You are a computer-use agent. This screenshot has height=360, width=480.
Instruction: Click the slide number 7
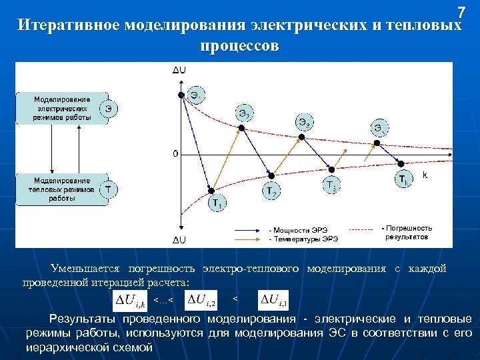point(461,12)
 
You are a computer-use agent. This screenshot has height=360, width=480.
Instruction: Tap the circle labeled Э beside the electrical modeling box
point(109,107)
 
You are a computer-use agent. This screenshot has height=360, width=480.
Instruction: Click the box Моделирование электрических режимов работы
point(59,108)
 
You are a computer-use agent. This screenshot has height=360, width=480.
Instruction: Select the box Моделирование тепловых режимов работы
point(59,189)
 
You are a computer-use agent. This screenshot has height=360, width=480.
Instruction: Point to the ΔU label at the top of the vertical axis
point(179,69)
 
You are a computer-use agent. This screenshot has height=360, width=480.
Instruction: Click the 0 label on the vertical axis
point(175,154)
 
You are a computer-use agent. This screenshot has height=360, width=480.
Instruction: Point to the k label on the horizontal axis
point(425,175)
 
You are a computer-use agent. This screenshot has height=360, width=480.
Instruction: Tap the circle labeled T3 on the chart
point(331,184)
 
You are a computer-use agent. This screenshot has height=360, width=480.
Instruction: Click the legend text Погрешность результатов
point(407,233)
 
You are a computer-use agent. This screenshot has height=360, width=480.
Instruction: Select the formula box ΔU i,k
point(131,301)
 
